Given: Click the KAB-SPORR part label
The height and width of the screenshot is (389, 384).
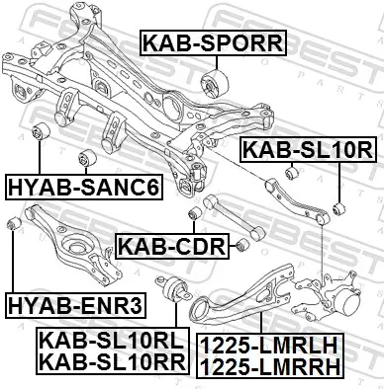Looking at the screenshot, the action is (214, 42).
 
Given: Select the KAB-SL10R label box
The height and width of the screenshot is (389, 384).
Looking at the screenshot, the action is (308, 150).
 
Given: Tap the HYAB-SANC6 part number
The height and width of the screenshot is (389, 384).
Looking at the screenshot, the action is (84, 187).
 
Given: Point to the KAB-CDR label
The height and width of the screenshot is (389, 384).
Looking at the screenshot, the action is (172, 246).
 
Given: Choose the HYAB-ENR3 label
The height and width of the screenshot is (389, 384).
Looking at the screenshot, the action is (75, 305).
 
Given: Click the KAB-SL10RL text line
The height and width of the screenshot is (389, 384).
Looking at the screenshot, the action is (112, 341).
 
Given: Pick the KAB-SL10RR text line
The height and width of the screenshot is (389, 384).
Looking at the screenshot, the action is (113, 361).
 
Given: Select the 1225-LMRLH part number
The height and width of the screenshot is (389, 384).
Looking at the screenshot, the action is (269, 346).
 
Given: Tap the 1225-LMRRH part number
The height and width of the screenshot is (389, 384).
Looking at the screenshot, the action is (270, 366).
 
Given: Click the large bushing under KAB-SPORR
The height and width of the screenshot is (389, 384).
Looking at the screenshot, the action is (215, 84).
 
